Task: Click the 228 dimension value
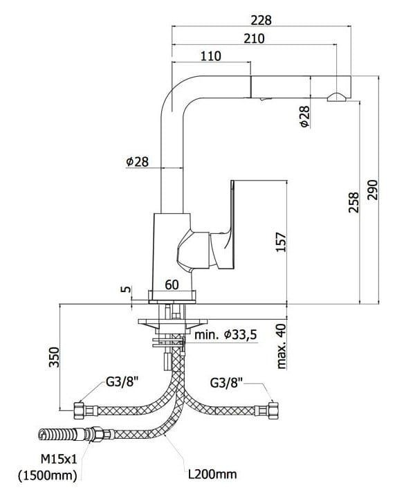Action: (261, 20)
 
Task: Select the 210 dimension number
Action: (254, 39)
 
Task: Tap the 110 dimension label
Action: (210, 56)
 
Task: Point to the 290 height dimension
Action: (372, 190)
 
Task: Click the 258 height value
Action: (353, 202)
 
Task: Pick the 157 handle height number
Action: (281, 242)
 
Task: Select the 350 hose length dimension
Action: (54, 357)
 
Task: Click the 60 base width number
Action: (172, 285)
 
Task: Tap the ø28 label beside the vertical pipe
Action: (138, 162)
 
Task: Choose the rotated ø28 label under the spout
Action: (304, 116)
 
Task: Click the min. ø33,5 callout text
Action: (226, 335)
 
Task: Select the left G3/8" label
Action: (122, 381)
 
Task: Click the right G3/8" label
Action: (226, 383)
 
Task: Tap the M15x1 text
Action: (59, 460)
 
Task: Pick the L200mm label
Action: (212, 474)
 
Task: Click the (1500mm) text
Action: (48, 475)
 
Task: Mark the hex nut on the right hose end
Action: (273, 410)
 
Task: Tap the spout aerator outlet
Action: (337, 97)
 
